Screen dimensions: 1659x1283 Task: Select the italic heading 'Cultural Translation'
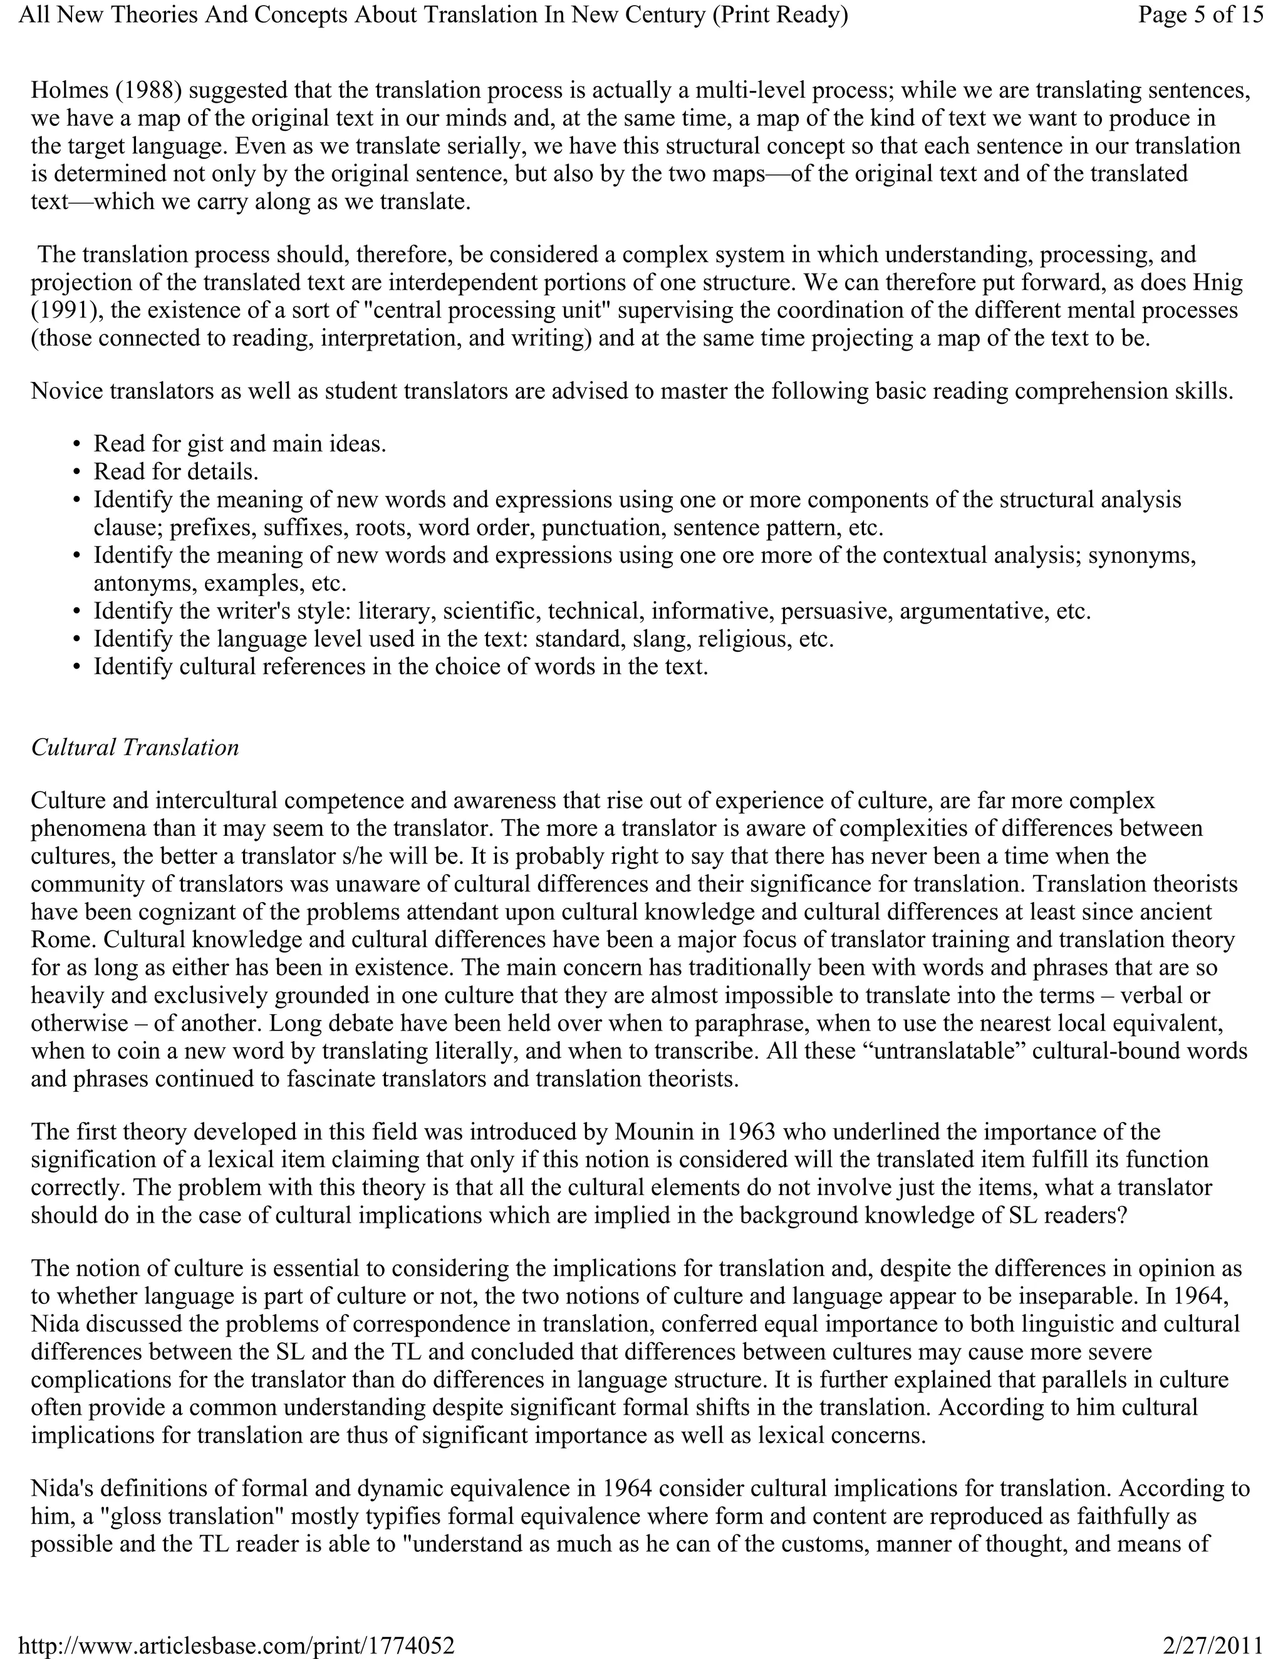[x=135, y=747]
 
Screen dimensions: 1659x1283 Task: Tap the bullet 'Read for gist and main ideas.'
[x=239, y=444]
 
